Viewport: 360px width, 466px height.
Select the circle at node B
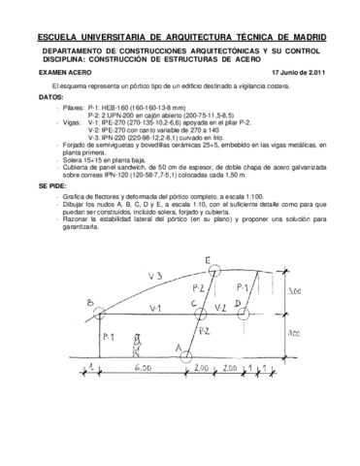pos(97,310)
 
